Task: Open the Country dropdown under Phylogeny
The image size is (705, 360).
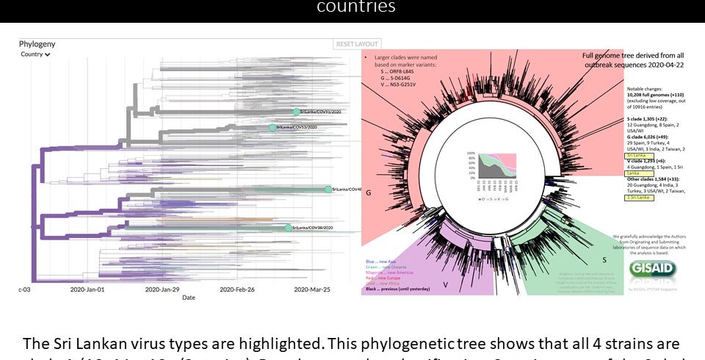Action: [35, 54]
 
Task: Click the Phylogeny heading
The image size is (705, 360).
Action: [37, 44]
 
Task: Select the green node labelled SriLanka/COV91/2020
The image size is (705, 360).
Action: [297, 112]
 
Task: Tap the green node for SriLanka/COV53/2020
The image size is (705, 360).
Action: [272, 127]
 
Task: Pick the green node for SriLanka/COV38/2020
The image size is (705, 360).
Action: [288, 228]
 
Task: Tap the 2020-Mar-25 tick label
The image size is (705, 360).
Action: [312, 289]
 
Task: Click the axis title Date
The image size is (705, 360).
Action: [189, 298]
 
